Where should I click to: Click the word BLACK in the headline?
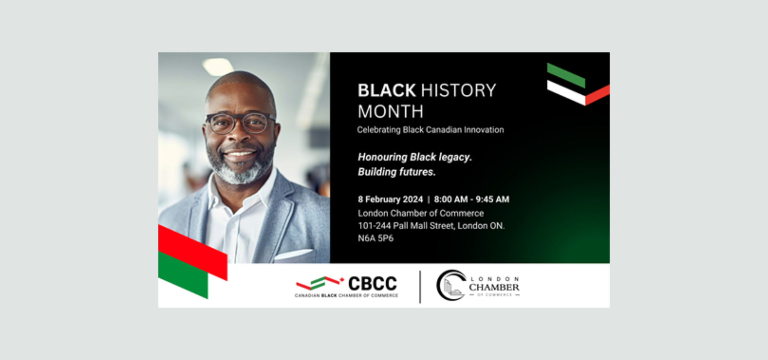pos(387,90)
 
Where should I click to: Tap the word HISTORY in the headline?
pos(458,90)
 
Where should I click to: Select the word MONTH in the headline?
pos(390,112)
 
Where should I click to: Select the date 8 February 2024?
pos(390,199)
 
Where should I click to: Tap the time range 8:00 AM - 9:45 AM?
pos(472,199)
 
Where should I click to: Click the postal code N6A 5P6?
pos(376,238)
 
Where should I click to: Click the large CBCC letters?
pos(372,284)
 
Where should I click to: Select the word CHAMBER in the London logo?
pos(494,287)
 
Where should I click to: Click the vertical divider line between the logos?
pos(420,287)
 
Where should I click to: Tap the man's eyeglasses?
pos(241,123)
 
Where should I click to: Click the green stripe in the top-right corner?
pos(566,75)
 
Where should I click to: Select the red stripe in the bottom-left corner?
pos(193,252)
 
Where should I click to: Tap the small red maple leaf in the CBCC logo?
pos(342,279)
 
